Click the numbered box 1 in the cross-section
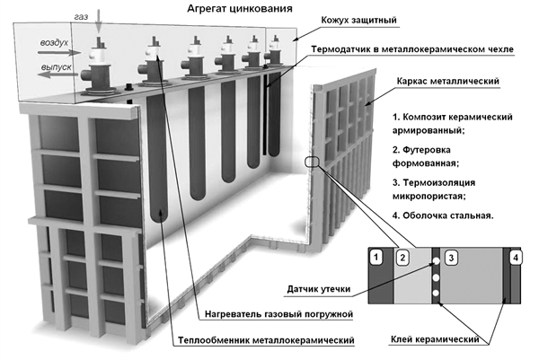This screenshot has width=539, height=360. coord(377,258)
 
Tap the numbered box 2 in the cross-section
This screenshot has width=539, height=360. coord(403,258)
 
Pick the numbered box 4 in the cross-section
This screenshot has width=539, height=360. coord(514,258)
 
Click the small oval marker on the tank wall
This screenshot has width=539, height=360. coord(311,162)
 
